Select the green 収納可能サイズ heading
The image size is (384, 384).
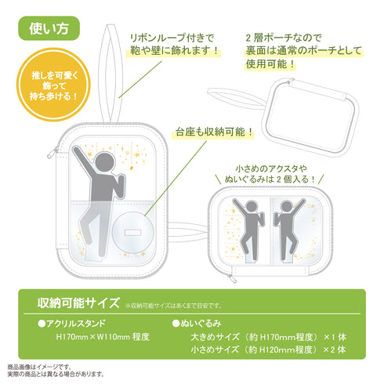pos(73,302)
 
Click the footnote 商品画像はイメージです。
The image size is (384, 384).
pos(39,366)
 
